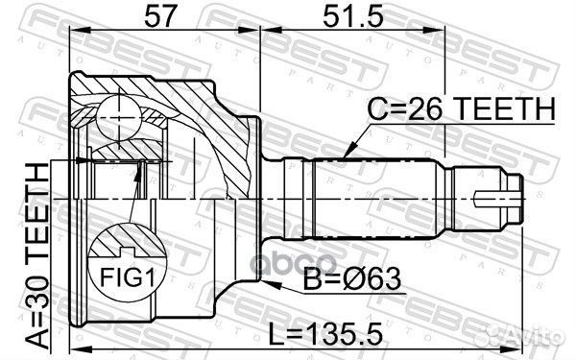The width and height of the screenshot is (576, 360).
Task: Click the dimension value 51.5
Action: tap(352, 15)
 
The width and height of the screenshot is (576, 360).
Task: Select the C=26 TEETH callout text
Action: tap(462, 108)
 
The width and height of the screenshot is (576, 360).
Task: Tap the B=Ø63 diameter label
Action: tap(352, 278)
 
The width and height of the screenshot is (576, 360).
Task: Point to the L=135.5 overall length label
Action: tap(325, 334)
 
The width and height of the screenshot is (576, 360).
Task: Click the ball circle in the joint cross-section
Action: tap(119, 117)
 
